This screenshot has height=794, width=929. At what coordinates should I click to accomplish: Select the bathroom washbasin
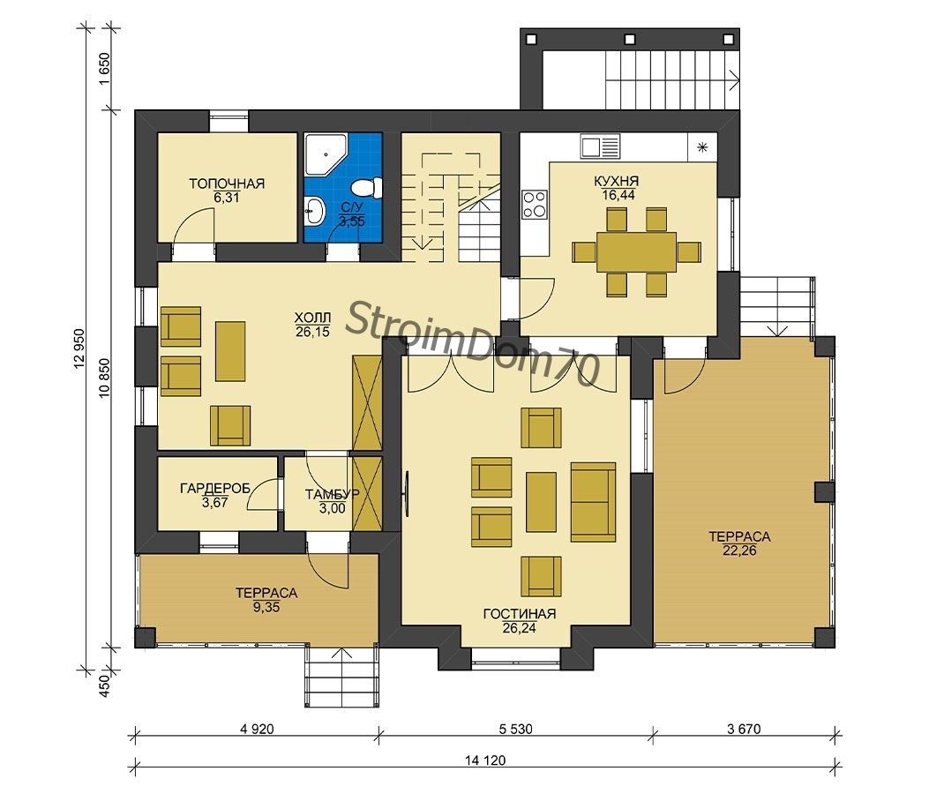[315, 210]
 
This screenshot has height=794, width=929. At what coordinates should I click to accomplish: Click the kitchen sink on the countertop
[600, 146]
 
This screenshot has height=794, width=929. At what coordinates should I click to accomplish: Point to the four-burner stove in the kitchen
[535, 204]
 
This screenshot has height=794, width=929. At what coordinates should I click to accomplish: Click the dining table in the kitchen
[636, 251]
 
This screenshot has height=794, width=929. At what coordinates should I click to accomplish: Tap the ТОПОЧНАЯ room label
[227, 184]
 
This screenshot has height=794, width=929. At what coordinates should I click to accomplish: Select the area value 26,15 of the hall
[313, 332]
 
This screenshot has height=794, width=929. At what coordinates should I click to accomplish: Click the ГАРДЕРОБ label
[215, 488]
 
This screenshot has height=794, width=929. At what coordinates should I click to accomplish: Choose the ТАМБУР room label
[333, 494]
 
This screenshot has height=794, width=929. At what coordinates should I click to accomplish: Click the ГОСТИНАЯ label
[520, 614]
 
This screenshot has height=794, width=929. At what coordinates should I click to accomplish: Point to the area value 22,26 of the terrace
[739, 551]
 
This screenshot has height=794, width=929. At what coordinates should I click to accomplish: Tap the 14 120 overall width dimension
[486, 760]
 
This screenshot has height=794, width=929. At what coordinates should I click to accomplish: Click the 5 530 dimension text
[515, 729]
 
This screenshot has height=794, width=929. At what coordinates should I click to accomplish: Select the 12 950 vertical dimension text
[79, 349]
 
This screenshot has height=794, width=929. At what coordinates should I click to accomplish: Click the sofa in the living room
[593, 502]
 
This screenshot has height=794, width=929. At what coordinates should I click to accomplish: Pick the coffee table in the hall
[230, 351]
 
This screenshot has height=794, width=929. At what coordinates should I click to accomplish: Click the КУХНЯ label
[617, 181]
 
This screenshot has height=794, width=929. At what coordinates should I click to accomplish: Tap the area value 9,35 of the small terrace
[266, 607]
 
